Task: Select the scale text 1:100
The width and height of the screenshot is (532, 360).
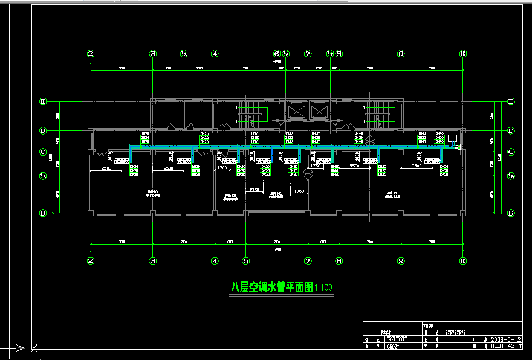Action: click(x=324, y=289)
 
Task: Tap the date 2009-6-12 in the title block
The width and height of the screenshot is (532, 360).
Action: click(x=505, y=339)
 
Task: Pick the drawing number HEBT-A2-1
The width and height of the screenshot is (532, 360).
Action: click(x=505, y=346)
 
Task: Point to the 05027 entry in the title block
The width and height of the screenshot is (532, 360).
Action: click(x=393, y=347)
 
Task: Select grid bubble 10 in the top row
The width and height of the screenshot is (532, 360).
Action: click(x=463, y=54)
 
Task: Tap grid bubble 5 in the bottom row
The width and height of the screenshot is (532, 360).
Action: click(x=245, y=261)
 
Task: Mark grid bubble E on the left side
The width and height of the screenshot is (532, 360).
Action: click(x=43, y=101)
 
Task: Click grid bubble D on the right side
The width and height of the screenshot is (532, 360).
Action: click(x=511, y=130)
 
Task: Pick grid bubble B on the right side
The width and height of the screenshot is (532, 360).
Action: click(x=511, y=213)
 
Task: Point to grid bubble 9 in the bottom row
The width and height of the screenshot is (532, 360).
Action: click(x=400, y=261)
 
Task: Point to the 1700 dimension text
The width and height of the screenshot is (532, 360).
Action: click(x=222, y=167)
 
